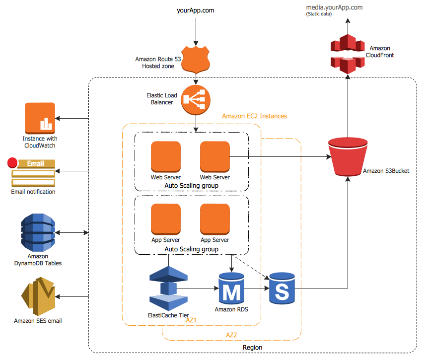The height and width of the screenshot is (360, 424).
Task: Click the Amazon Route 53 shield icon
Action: (196, 60)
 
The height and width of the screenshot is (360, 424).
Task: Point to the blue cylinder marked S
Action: (282, 288)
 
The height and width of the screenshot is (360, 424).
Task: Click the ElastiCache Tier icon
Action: (168, 287)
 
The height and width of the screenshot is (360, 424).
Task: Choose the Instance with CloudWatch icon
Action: (39, 118)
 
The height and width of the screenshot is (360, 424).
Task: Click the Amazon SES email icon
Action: (38, 297)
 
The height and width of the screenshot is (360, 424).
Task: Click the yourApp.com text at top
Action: (196, 10)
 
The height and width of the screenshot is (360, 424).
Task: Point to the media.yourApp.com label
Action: (335, 7)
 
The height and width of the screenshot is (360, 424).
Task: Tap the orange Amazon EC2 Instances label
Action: (254, 116)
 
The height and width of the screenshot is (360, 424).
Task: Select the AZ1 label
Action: (192, 320)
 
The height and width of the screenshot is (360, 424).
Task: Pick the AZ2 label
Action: (231, 335)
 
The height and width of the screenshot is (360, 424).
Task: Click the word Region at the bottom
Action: (252, 347)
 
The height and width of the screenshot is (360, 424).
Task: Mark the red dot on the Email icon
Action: (12, 162)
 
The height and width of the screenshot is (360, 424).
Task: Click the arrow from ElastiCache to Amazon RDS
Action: (199, 288)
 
